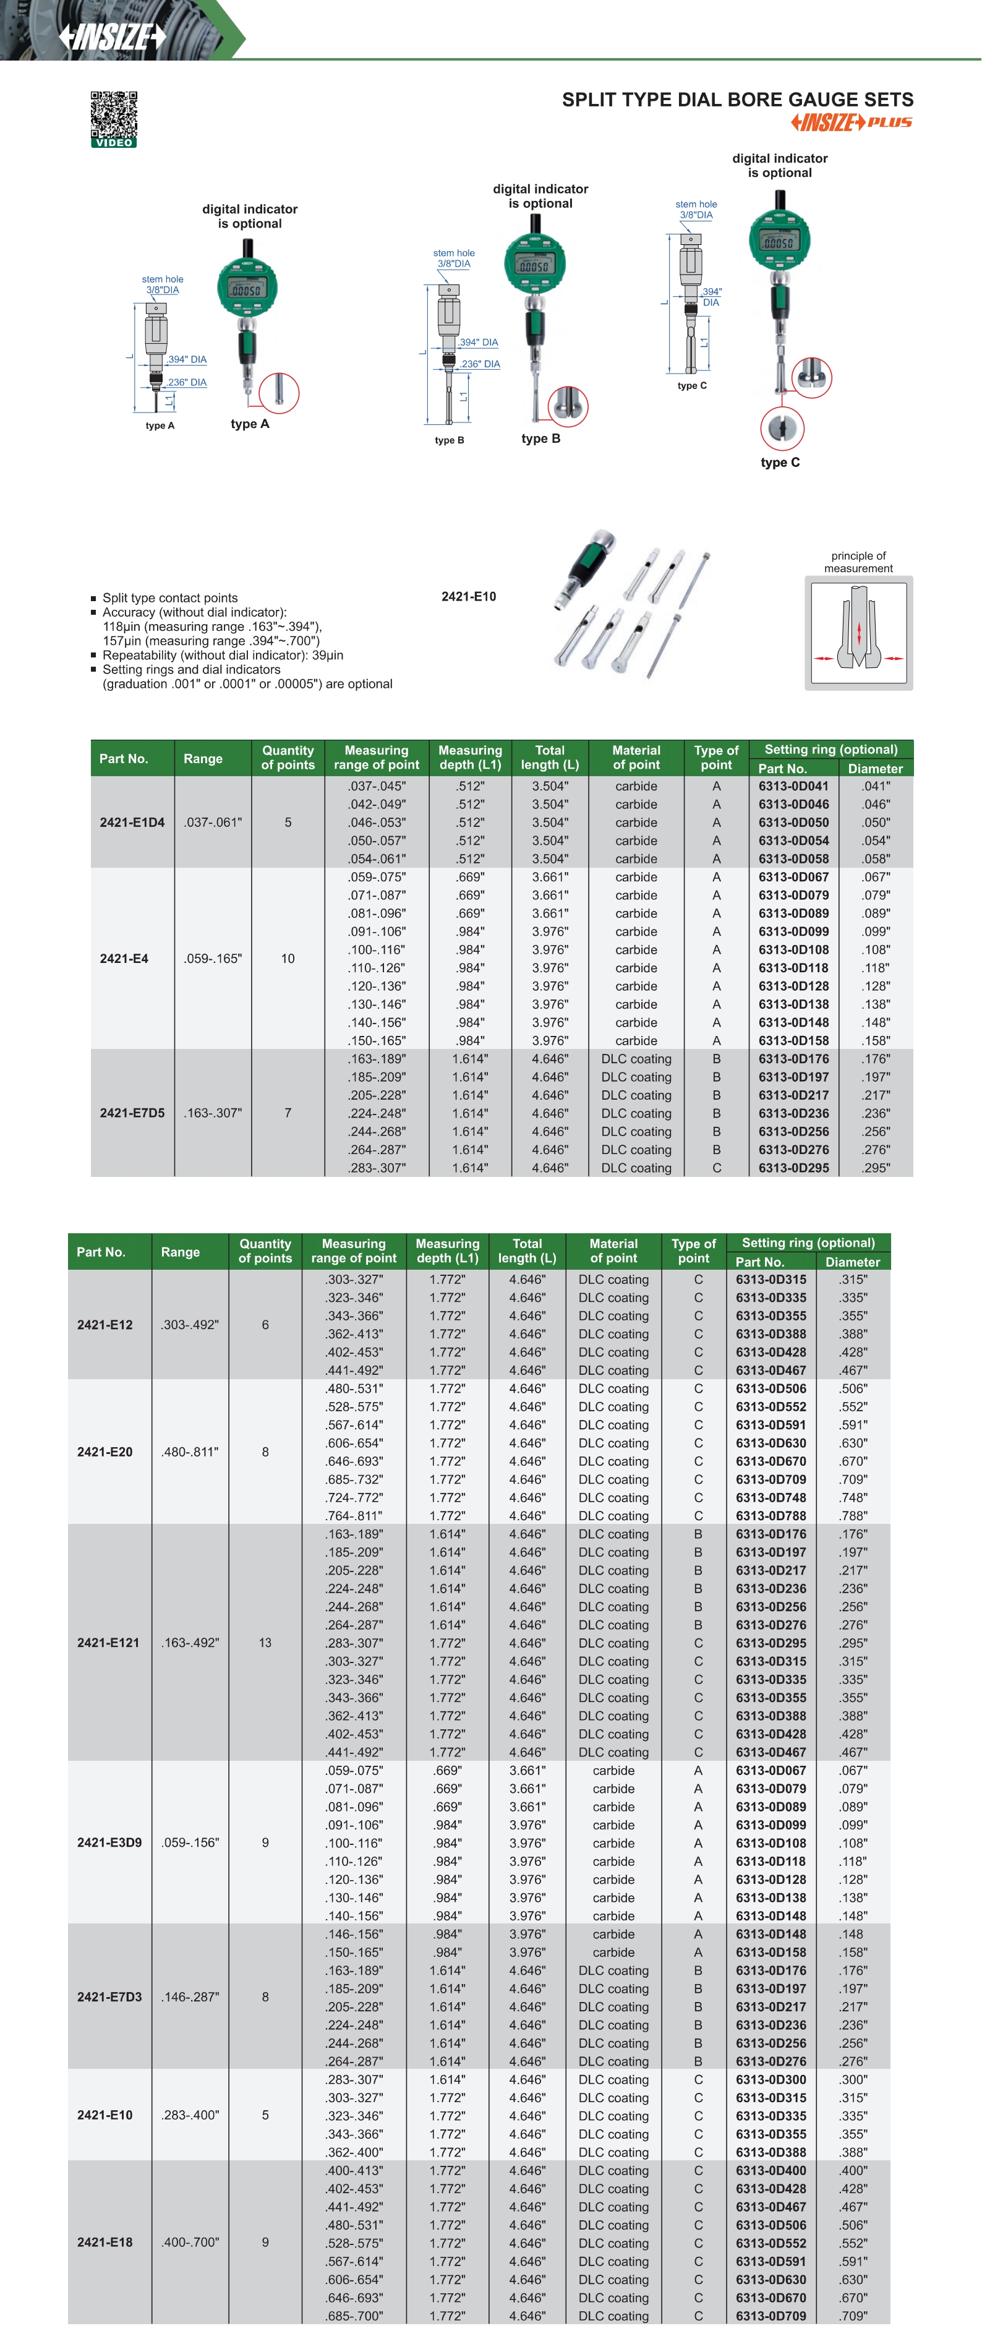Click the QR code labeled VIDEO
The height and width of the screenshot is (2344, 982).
[114, 118]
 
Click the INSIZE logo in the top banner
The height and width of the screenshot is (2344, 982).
[112, 36]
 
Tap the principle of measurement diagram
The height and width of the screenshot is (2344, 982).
[858, 633]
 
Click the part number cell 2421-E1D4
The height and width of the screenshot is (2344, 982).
[132, 823]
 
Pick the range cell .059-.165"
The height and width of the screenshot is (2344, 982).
[213, 958]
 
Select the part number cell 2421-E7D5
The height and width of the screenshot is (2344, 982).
[132, 1113]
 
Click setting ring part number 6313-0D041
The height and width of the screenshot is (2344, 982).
[793, 786]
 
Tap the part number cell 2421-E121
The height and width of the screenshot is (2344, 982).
[108, 1643]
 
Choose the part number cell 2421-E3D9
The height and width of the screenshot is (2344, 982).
[109, 1842]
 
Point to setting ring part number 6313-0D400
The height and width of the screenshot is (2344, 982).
[771, 2170]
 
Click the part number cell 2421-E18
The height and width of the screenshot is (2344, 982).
[105, 2242]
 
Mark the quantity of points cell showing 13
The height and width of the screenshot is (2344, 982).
[265, 1643]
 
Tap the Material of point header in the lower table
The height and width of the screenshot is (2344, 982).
[613, 1251]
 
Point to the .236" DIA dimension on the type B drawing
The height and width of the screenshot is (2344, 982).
[480, 364]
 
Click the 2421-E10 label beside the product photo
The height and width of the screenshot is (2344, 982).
[469, 597]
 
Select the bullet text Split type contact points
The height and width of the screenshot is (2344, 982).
[170, 598]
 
